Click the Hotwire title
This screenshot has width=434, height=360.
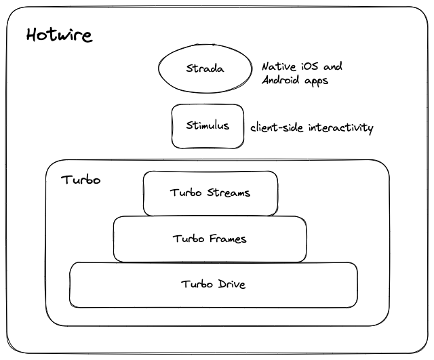point(59,35)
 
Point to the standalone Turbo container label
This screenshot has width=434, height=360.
point(81,180)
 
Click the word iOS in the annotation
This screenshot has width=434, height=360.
point(310,66)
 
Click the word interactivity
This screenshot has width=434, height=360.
point(340,127)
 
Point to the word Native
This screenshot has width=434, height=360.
point(278,66)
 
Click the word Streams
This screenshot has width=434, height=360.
point(228,193)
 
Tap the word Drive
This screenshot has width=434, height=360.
point(231,284)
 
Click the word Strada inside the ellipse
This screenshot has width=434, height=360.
point(204,68)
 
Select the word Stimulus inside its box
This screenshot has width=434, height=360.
point(208,125)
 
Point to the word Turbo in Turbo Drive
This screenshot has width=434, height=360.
point(197,284)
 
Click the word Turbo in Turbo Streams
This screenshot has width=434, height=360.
point(186,193)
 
